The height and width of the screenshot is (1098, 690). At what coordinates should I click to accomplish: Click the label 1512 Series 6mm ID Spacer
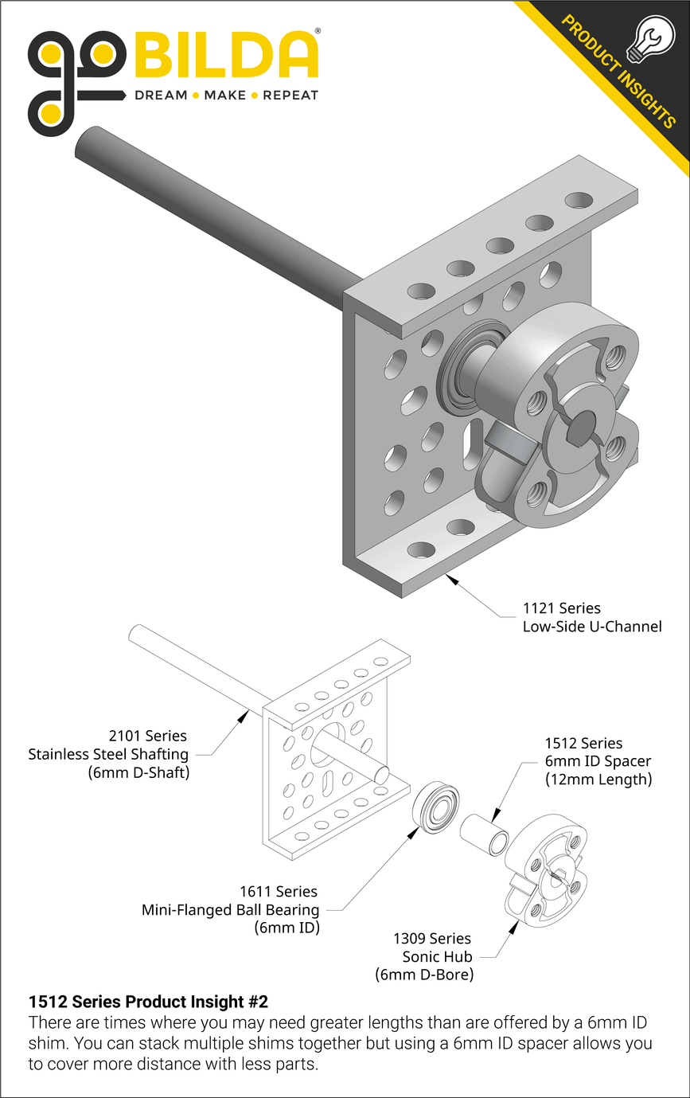[598, 761]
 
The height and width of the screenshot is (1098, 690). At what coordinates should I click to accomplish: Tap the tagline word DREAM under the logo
[161, 96]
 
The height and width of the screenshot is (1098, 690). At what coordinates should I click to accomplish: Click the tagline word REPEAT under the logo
[290, 96]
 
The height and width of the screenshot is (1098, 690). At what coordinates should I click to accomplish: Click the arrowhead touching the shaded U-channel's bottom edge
[451, 579]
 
